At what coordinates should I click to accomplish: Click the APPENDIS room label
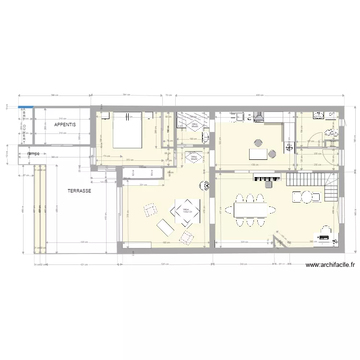click(x=65, y=125)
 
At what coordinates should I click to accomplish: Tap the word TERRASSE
click(x=80, y=191)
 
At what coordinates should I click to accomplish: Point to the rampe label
click(x=34, y=154)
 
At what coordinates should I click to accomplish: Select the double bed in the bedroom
click(x=127, y=130)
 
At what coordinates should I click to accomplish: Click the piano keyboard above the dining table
click(x=267, y=178)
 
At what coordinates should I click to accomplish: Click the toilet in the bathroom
click(x=329, y=132)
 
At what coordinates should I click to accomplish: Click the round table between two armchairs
click(x=306, y=196)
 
